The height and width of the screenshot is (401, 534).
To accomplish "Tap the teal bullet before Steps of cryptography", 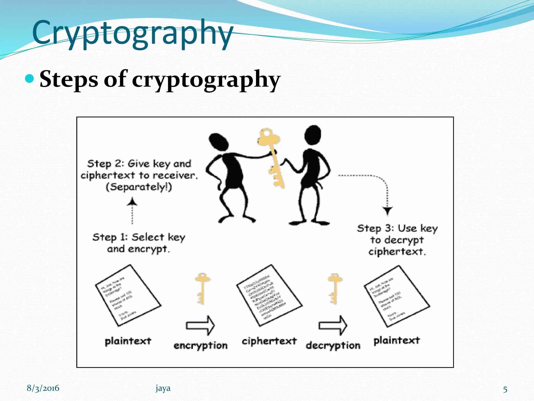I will (x=30, y=79).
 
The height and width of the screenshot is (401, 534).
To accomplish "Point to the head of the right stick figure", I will (x=313, y=134).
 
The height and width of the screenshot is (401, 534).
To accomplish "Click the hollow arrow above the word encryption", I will (x=200, y=325).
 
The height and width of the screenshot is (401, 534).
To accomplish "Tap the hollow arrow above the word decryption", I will (x=333, y=325).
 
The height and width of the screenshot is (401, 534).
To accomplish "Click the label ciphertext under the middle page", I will (x=269, y=341).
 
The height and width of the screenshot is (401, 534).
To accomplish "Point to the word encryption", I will (x=201, y=346).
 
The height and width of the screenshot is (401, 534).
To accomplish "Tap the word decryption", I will (x=333, y=346).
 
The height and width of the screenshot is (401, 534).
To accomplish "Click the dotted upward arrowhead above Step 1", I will (x=132, y=202).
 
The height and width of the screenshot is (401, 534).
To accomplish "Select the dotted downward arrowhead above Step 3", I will (x=387, y=210).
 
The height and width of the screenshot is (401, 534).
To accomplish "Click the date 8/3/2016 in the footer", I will (x=43, y=388).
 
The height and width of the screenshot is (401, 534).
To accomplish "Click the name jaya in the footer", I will (x=163, y=388).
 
